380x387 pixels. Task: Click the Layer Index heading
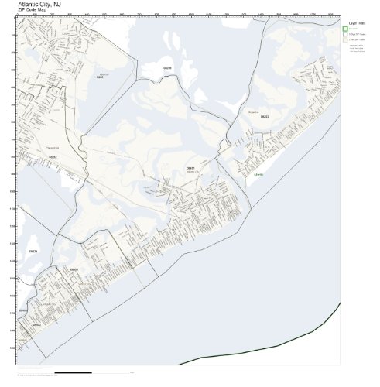click(356, 23)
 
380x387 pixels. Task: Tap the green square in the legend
click(345, 30)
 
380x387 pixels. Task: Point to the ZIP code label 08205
click(167, 68)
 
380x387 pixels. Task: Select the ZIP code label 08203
click(265, 117)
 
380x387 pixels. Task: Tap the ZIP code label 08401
click(190, 167)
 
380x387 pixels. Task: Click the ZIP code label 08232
click(53, 157)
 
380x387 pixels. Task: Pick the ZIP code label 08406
click(74, 269)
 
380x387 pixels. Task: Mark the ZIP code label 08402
click(36, 326)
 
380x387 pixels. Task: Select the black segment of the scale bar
click(74, 372)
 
